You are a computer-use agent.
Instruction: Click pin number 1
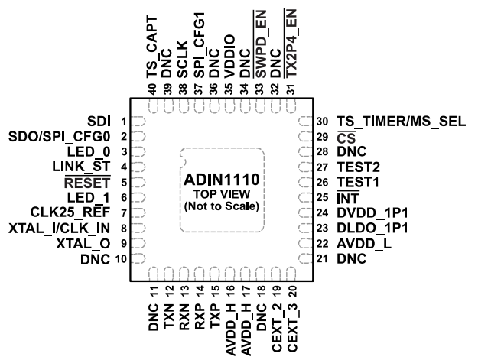coord(122,122)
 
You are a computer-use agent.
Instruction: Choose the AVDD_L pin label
coord(363,244)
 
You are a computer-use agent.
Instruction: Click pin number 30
coord(322,122)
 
